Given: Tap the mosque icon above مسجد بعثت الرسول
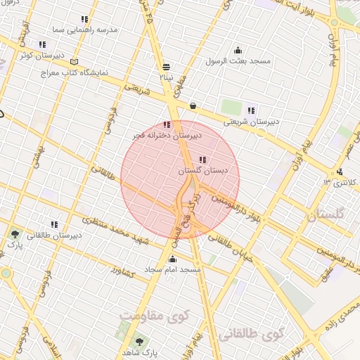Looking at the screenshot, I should coord(238,50).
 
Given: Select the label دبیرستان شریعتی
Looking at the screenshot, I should coord(252,121).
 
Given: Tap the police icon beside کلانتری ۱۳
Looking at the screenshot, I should coord(340,172).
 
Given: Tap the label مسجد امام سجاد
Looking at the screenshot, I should coord(173,269).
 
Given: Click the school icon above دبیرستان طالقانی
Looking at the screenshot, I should coord(53,224).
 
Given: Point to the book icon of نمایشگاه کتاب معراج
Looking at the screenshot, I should coord(75,63).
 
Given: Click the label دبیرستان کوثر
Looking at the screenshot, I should coord(41,55).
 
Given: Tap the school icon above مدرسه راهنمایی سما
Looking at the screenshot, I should coord(85,20).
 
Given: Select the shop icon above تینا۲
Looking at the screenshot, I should coord(166,67).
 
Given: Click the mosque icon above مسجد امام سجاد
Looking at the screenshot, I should coord(173,258).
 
